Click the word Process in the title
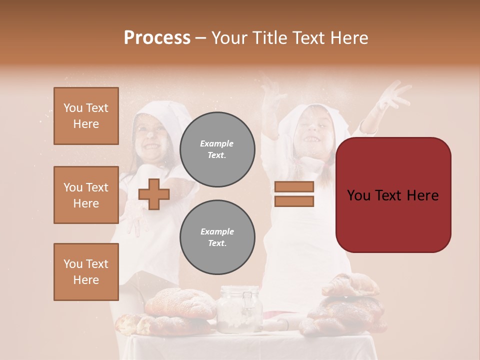tap(157, 38)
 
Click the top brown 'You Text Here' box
tap(86, 116)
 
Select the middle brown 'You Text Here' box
tap(86, 195)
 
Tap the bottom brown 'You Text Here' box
tap(86, 272)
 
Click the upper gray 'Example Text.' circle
tap(217, 149)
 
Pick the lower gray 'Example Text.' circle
tap(217, 237)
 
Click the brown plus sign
tap(153, 194)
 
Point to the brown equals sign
tap(294, 194)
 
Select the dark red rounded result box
tap(393, 195)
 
